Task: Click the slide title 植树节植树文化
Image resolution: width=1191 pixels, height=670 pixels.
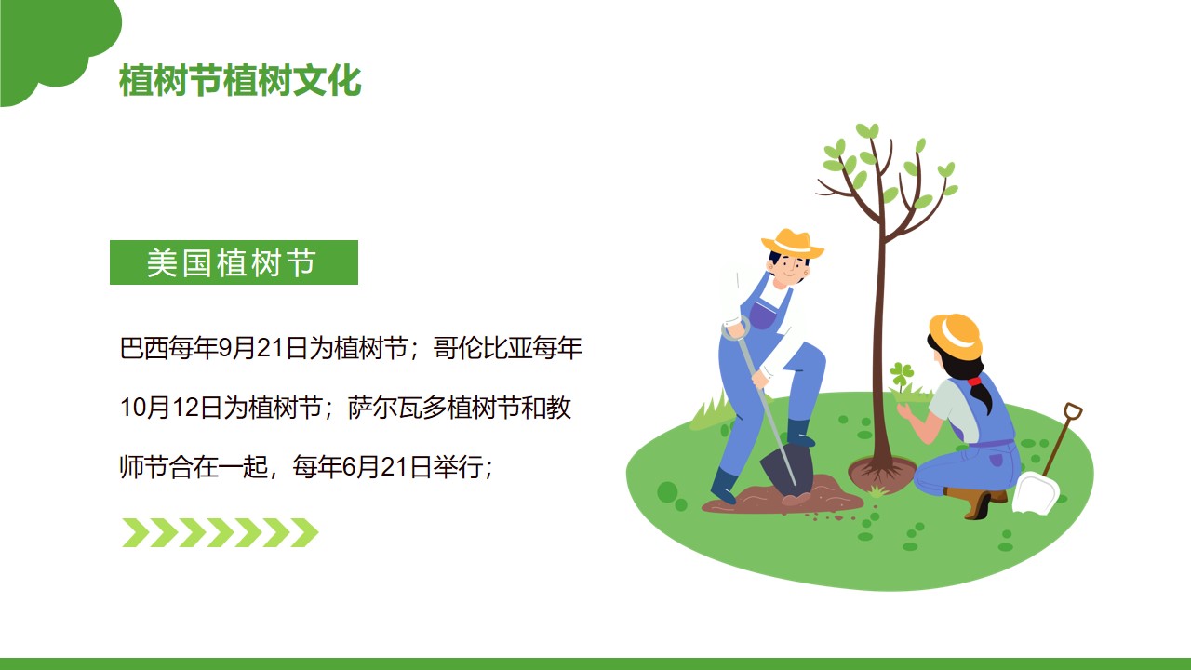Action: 240,81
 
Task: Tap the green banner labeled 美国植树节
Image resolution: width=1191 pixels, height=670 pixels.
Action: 234,262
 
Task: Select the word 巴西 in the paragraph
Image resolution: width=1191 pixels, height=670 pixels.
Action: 144,349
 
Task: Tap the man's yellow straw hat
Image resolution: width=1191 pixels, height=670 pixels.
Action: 792,244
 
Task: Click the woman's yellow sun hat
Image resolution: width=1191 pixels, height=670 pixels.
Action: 957,335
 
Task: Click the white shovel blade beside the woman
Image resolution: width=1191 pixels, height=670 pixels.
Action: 1036,493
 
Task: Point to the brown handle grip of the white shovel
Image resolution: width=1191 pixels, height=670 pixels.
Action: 1073,411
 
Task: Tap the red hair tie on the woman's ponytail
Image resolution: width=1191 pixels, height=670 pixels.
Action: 974,381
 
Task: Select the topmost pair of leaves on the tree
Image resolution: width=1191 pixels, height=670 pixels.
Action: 867,130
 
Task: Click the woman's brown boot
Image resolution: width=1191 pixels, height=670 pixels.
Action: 978,503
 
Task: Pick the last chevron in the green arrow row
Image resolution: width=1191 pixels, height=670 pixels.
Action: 304,533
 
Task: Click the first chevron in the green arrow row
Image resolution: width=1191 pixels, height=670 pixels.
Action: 136,533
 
